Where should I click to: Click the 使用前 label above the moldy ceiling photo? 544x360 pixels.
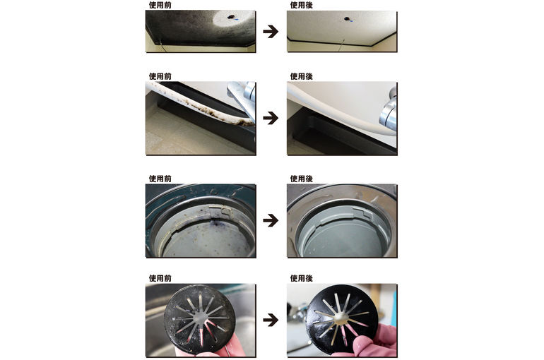160,5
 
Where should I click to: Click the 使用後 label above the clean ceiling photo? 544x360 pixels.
301,5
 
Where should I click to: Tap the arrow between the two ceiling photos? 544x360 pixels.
271,32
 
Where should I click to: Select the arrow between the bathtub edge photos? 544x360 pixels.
271,118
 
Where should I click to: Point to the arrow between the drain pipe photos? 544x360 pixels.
271,220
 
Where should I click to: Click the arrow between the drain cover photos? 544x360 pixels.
271,320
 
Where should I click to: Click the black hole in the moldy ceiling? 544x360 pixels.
230,16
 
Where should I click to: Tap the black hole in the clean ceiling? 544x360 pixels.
346,18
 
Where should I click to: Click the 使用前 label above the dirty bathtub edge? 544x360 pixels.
160,76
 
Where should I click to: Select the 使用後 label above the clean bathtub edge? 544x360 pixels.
301,76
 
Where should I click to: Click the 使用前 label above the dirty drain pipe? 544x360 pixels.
160,179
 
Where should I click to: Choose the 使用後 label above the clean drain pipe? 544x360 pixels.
301,179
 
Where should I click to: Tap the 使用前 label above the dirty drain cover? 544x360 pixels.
160,278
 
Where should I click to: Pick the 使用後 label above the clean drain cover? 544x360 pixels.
301,278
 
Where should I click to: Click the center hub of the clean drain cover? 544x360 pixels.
342,316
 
